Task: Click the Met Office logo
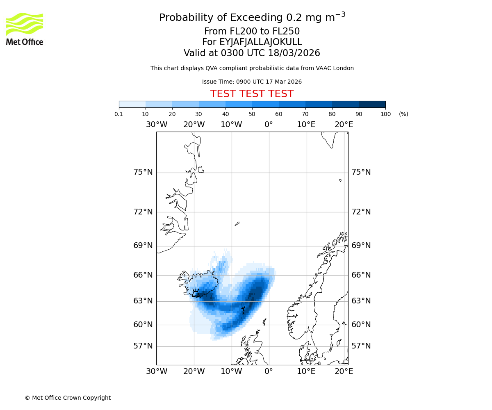25,29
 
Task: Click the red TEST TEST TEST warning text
252,94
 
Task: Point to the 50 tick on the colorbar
252,114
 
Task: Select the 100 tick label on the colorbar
385,114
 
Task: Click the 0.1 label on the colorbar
119,114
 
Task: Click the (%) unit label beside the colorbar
403,114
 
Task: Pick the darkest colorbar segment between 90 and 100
372,104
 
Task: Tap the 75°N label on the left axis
143,172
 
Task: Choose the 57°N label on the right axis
361,346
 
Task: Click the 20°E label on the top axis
344,125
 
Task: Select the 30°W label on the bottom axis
157,371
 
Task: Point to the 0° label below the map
269,371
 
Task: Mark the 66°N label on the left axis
143,275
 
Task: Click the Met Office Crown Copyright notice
68,398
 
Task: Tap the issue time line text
252,82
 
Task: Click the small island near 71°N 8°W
237,224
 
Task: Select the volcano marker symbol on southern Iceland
196,293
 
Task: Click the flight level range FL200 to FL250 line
252,32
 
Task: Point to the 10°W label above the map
231,125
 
